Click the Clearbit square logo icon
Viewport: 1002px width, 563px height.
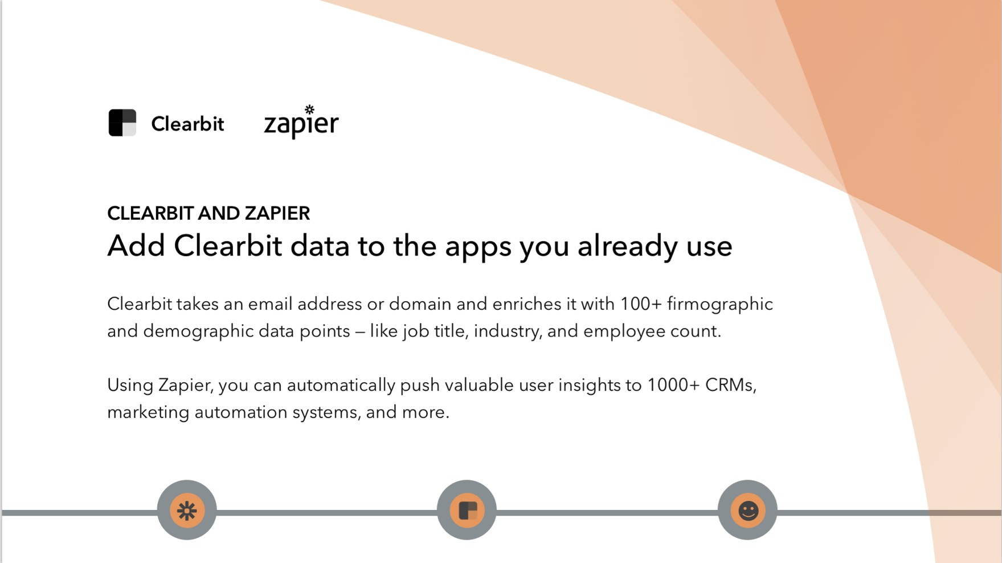122,123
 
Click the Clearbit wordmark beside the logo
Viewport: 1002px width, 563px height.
187,124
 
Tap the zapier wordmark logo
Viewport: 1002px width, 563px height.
301,122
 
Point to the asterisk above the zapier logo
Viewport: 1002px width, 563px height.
309,109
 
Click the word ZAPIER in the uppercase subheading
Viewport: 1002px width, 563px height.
277,213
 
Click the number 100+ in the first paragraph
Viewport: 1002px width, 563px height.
641,304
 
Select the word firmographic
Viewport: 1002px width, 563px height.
720,305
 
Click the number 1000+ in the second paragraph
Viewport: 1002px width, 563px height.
673,386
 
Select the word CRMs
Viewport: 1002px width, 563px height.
731,386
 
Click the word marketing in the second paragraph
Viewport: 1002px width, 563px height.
148,412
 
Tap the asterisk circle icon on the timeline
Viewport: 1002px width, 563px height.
187,510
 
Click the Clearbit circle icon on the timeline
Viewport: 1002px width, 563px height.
467,510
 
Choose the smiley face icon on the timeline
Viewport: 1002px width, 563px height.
748,510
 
